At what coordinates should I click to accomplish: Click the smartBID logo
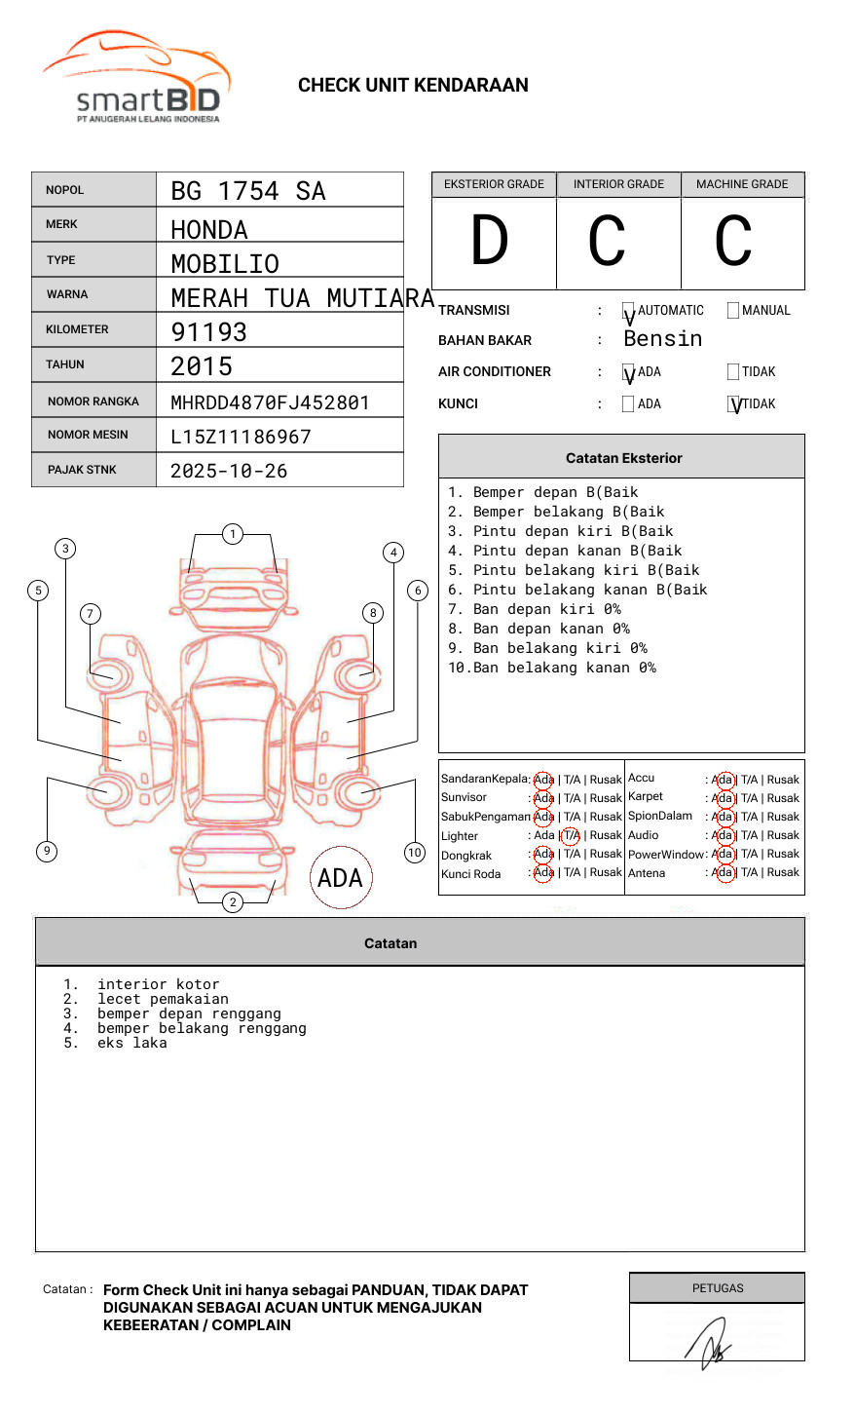point(136,78)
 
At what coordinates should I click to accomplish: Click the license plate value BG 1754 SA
point(248,191)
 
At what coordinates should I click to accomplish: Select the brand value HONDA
point(209,230)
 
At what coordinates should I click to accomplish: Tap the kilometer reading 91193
point(209,332)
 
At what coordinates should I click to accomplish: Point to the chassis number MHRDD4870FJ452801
point(270,402)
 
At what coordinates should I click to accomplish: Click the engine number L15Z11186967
point(241,437)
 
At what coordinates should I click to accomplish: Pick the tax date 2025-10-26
point(229,471)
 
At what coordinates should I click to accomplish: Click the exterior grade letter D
point(490,241)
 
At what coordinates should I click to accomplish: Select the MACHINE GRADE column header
point(742,184)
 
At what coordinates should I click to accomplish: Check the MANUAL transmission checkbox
point(733,311)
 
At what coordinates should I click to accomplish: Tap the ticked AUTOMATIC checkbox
point(628,312)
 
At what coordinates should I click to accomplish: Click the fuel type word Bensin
point(662,339)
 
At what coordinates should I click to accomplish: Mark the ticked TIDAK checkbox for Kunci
point(734,404)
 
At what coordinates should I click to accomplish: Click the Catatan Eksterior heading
point(623,458)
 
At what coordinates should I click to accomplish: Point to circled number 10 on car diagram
point(415,853)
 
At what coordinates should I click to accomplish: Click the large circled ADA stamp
point(340,878)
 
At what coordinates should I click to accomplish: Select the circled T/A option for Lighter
point(571,835)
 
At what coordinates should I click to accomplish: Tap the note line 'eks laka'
point(132,1043)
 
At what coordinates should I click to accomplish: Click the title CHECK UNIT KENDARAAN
point(413,86)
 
